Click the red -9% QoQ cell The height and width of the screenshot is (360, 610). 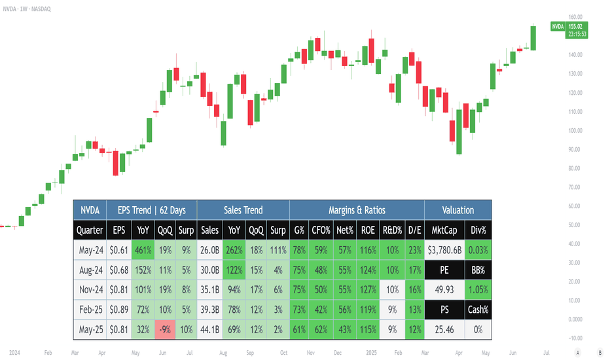coord(165,330)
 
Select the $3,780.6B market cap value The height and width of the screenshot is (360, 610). coord(444,250)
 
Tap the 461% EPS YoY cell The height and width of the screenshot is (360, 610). coord(143,250)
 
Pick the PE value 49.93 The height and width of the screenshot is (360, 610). coord(444,290)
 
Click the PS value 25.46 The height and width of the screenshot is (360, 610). coord(444,330)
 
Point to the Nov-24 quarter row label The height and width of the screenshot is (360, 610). coord(91,290)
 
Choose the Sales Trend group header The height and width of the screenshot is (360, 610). coord(243,210)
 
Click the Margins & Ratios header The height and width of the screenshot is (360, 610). coord(357,210)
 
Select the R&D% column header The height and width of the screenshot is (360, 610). coord(392,230)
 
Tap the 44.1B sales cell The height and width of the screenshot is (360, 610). coord(209,330)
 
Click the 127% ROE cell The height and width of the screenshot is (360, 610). coord(368,290)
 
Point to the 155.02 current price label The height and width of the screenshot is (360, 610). coord(575,26)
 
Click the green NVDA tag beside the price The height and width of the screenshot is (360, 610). coord(558,26)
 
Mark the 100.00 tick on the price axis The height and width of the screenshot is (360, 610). coord(575,130)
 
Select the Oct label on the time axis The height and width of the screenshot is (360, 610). coord(283,353)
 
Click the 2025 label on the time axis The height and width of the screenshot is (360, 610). coord(371,353)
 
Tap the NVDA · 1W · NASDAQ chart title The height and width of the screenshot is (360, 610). coord(27,9)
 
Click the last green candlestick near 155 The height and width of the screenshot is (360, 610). coord(533,38)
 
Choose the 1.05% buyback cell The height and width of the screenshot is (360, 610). coord(478,290)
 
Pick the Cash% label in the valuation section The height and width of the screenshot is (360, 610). coord(478,310)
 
